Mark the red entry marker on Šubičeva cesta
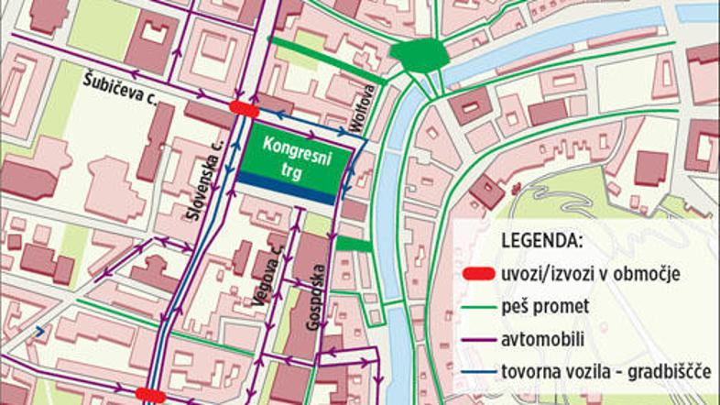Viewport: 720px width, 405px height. pos(244,108)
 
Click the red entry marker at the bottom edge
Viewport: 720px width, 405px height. pos(150,395)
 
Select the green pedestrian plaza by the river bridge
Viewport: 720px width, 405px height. pos(420,56)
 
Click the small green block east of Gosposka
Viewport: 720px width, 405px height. pos(355,245)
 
